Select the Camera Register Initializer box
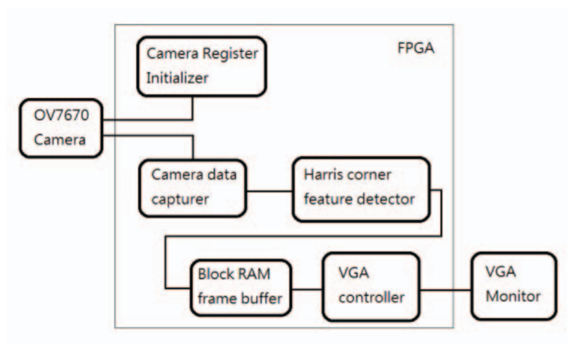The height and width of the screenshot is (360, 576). pos(197,65)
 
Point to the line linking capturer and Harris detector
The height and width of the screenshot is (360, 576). pos(269,190)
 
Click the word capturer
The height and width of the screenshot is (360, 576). pos(180,199)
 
